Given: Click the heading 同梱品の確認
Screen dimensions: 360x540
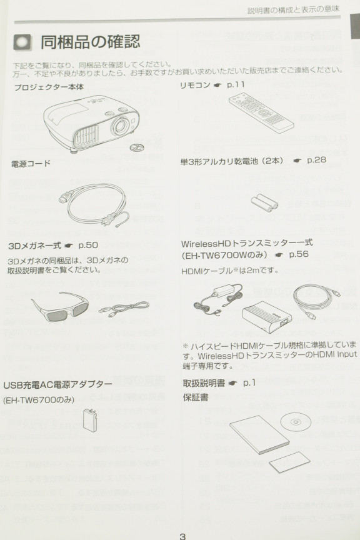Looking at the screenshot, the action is pos(91,42).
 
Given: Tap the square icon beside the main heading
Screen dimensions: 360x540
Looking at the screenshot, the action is pos(22,42).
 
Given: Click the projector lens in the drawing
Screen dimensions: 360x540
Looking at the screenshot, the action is pos(120,125).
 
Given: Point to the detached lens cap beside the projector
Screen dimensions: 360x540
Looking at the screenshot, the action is pos(136,147).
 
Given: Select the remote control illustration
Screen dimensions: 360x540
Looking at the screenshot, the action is pos(261,112).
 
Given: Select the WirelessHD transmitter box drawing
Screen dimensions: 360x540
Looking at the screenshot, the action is pos(267,317).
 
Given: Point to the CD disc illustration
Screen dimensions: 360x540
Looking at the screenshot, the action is pos(295,421).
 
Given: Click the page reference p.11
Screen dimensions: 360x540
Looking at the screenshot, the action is pos(236,84).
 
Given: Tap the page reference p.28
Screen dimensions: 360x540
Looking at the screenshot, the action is pos(316,160).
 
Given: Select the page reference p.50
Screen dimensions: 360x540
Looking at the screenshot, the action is pos(88,245).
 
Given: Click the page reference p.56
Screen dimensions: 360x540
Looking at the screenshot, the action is pos(299,254).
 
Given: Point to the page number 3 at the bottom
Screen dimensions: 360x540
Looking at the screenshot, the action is pos(182,536).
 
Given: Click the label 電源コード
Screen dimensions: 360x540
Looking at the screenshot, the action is pos(31,163).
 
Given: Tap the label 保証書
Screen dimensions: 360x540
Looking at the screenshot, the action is pos(196,397).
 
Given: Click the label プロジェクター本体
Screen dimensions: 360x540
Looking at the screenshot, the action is pos(49,87).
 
